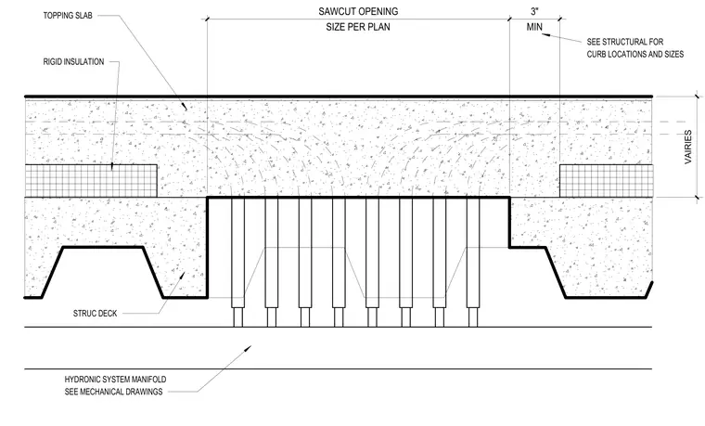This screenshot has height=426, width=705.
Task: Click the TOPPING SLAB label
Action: tap(68, 15)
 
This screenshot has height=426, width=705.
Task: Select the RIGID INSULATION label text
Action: tap(73, 61)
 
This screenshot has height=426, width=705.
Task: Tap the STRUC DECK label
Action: tap(95, 313)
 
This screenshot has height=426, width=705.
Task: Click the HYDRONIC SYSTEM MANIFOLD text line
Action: tap(115, 380)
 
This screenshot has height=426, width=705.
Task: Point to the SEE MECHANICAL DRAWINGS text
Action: tap(113, 392)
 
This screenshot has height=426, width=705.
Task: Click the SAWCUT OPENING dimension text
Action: tap(358, 11)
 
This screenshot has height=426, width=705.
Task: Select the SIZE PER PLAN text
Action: tap(358, 27)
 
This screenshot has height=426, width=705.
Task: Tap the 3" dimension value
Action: tap(534, 11)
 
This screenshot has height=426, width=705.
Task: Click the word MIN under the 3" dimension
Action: tap(534, 27)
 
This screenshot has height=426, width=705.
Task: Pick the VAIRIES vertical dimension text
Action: tap(688, 147)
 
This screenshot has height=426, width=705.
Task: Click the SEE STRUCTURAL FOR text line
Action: tap(625, 42)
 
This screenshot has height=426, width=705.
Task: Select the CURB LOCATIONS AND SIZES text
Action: tap(634, 55)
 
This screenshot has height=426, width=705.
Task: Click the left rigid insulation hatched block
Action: tap(91, 181)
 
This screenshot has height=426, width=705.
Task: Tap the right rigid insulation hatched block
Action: tap(606, 181)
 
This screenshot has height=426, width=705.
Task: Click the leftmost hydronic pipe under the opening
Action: tap(237, 262)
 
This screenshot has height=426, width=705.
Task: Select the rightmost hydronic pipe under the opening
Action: tap(473, 262)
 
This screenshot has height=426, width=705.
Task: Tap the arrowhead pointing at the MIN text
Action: tap(545, 35)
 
